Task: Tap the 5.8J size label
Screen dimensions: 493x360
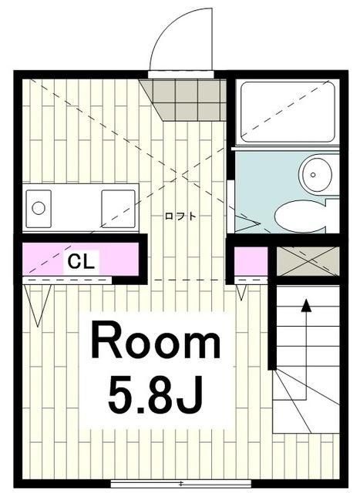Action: click(x=156, y=394)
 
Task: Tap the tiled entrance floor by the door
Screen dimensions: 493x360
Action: click(x=186, y=96)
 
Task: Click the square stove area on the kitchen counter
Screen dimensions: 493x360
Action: click(x=119, y=206)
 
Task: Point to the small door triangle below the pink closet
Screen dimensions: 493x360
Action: click(x=241, y=292)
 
